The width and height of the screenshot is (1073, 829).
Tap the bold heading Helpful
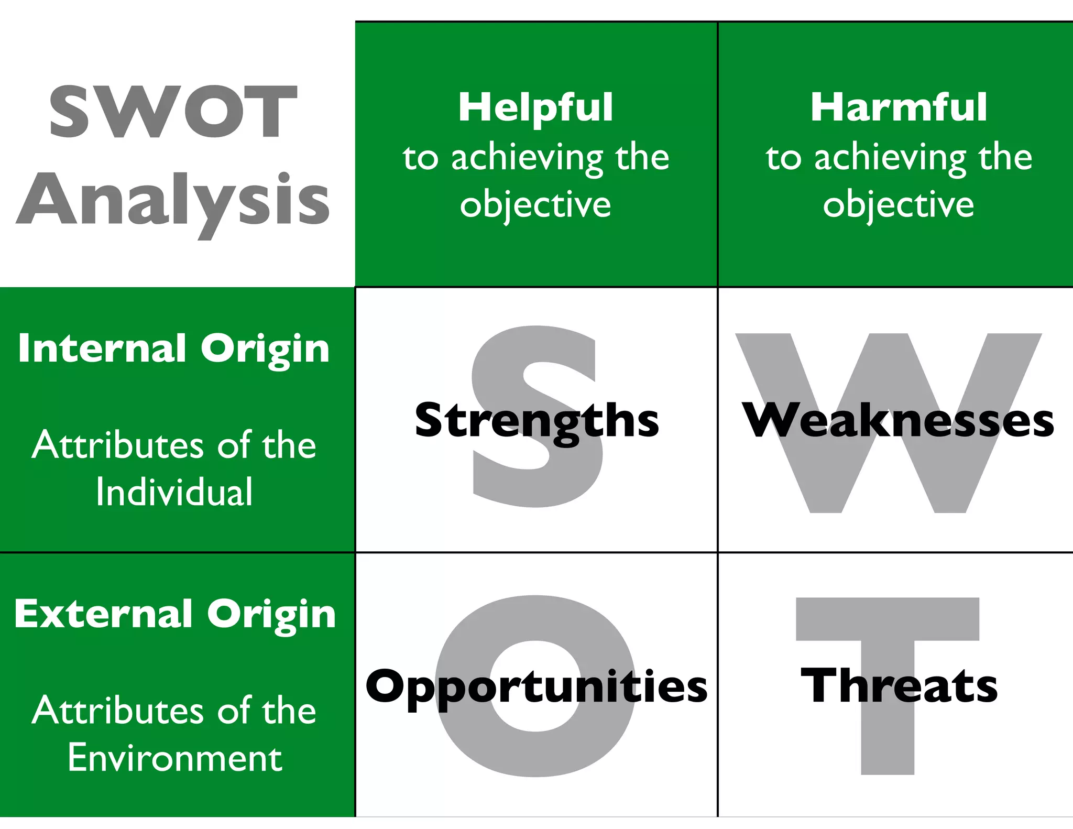535,107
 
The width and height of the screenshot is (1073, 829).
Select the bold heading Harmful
899,107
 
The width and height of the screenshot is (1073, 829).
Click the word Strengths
536,421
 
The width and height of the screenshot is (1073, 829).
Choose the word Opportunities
536,686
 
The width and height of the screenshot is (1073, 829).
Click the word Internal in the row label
102,348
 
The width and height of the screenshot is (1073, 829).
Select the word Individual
174,492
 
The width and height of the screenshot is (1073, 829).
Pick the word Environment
175,758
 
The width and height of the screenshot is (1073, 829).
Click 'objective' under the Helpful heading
535,205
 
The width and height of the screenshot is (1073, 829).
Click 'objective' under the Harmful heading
899,205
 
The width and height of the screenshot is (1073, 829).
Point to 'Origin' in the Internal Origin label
265,349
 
